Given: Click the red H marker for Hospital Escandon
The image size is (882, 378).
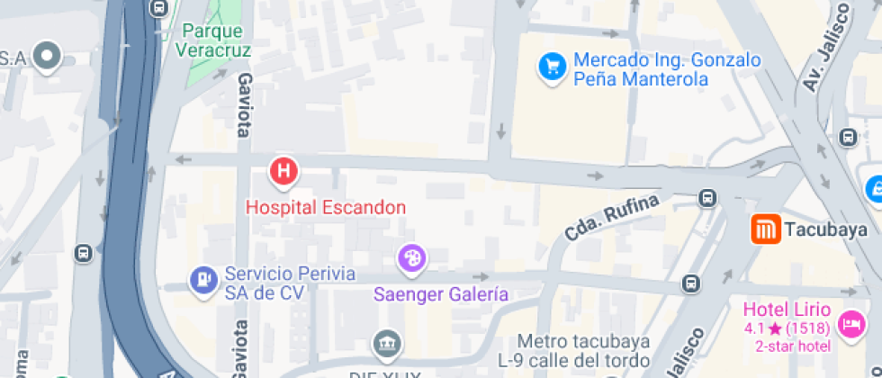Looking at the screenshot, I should [x=284, y=170].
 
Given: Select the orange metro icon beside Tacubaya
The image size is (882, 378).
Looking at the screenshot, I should [x=765, y=229].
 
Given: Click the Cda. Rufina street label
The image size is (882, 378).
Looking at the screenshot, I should [x=613, y=217].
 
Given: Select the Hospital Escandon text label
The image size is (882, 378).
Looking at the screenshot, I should [x=326, y=207].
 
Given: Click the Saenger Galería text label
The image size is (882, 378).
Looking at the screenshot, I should [x=441, y=294].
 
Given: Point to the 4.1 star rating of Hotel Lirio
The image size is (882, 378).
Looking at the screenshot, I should [x=785, y=328].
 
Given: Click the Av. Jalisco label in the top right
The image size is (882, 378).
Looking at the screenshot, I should [x=825, y=48].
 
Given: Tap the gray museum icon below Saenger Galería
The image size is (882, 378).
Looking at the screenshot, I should [x=385, y=343].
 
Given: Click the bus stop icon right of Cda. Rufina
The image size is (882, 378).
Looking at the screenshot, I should [x=708, y=198].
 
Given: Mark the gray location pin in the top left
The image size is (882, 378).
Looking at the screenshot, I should [x=46, y=57].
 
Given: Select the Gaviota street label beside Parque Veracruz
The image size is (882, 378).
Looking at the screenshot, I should [x=242, y=105].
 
